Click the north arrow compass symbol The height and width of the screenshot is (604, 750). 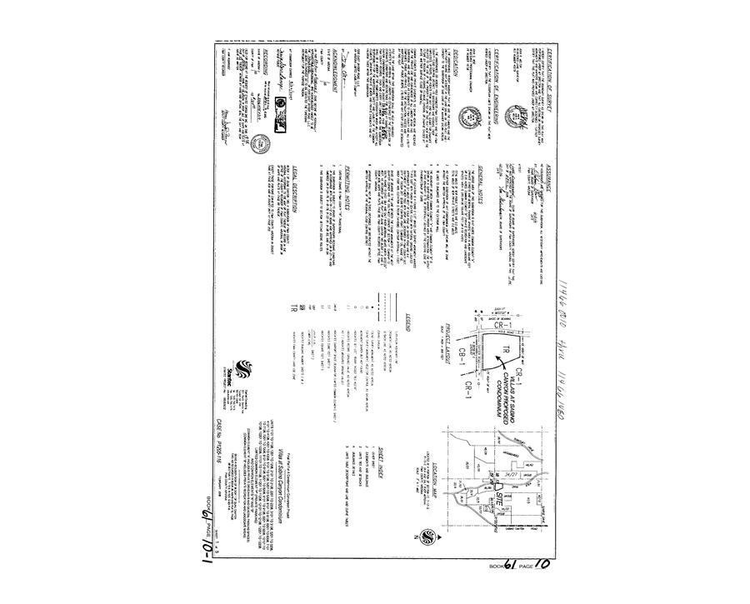(x=427, y=534)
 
